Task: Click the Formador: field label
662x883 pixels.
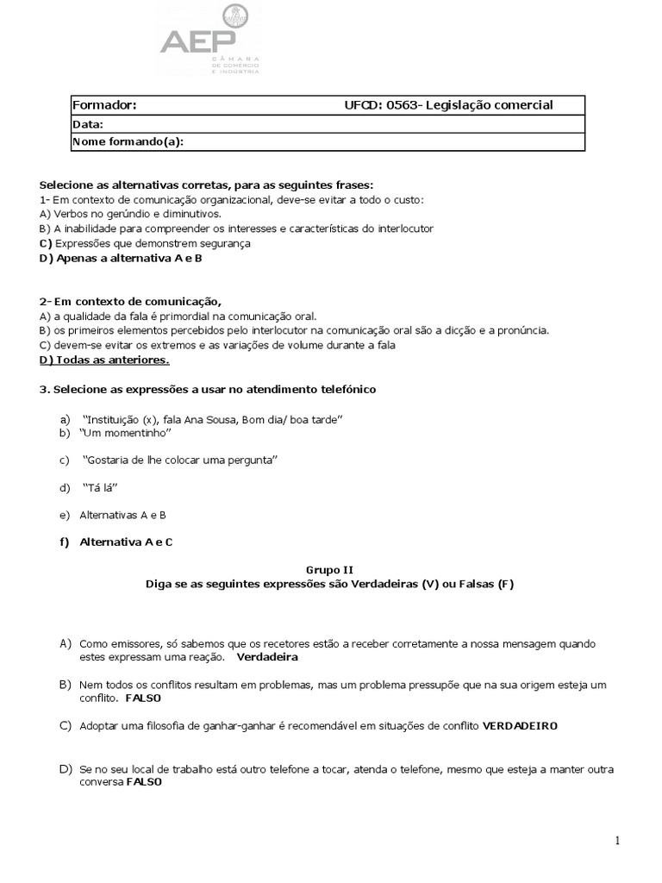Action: point(104,105)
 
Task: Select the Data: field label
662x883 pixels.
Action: point(88,124)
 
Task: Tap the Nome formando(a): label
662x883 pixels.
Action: point(128,141)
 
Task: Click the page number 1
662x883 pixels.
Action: point(618,841)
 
